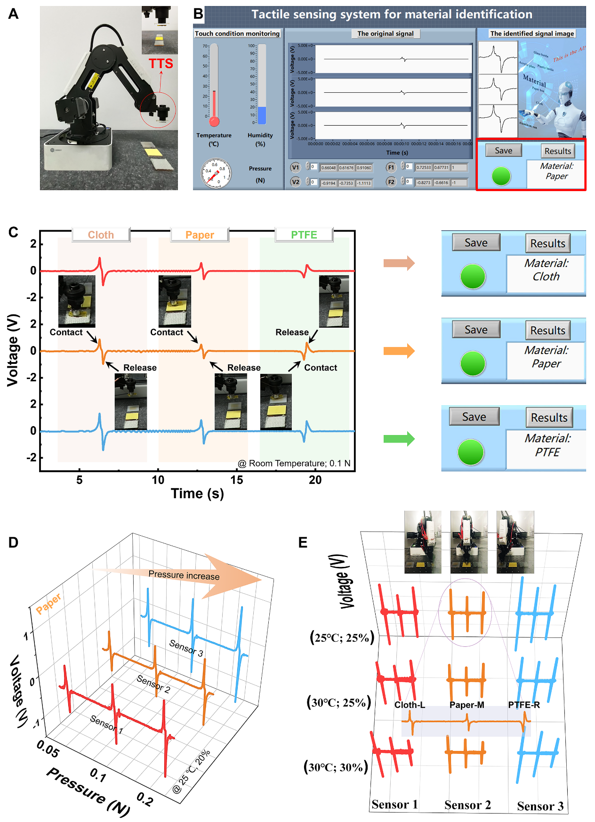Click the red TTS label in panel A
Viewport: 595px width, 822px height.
pos(161,64)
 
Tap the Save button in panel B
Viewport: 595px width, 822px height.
pos(503,150)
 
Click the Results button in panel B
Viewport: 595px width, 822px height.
pos(557,151)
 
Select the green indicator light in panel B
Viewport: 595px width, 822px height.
pos(501,176)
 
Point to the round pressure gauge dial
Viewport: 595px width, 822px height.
pos(216,173)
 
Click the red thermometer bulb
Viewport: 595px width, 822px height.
pos(214,121)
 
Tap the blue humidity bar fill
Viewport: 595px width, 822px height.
pos(262,115)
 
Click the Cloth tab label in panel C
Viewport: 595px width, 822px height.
pos(101,234)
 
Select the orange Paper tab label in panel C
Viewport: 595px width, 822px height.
pos(200,234)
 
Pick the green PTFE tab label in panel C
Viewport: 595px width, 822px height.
pos(304,234)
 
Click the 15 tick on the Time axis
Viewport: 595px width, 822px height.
pos(237,480)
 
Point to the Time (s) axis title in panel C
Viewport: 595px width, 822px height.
pos(197,493)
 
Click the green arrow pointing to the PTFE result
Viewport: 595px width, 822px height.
pos(399,439)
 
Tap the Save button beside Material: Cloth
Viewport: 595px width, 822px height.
pos(476,242)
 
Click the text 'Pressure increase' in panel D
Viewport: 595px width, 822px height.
pos(184,575)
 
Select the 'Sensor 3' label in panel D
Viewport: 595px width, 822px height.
pos(186,648)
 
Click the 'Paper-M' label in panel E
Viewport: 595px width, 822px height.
pos(466,705)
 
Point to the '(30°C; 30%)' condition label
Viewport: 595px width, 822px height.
pos(336,767)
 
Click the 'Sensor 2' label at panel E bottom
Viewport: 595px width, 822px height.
pos(467,805)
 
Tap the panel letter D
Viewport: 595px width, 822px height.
pos(13,542)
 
